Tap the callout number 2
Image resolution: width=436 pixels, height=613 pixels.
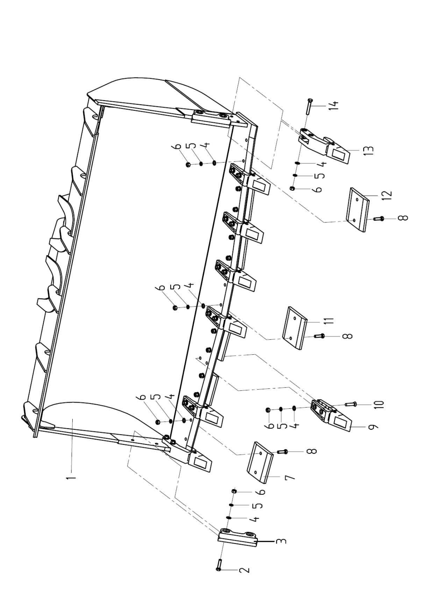(244, 570)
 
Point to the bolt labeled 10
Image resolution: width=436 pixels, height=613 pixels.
(351, 404)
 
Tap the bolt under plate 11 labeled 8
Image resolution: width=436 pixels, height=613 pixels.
(319, 336)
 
